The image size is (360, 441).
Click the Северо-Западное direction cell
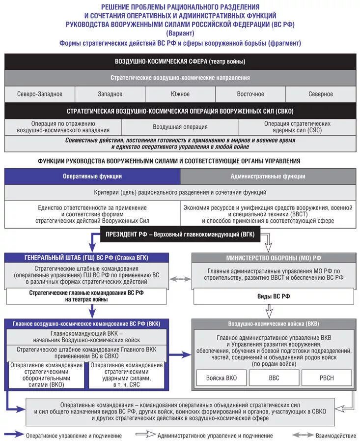click(40, 94)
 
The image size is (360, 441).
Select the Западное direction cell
click(110, 94)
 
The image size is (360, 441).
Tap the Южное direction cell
click(180, 94)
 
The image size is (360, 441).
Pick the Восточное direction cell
click(250, 94)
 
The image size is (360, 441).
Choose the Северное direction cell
click(321, 94)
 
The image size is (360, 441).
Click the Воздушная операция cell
click(180, 127)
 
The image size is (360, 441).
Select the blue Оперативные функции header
click(92, 176)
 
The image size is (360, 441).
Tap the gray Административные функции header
click(268, 176)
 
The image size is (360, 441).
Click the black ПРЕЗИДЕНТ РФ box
click(180, 235)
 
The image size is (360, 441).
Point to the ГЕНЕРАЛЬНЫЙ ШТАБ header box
click(86, 257)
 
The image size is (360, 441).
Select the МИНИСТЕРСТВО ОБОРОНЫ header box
click(274, 258)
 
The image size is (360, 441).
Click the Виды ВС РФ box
click(274, 296)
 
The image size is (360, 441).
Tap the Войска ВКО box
click(221, 378)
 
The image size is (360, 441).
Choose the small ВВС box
click(274, 378)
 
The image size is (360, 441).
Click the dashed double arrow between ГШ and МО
click(180, 279)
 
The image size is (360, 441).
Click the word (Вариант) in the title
click(180, 33)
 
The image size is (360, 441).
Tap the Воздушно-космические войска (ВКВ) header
click(274, 324)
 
